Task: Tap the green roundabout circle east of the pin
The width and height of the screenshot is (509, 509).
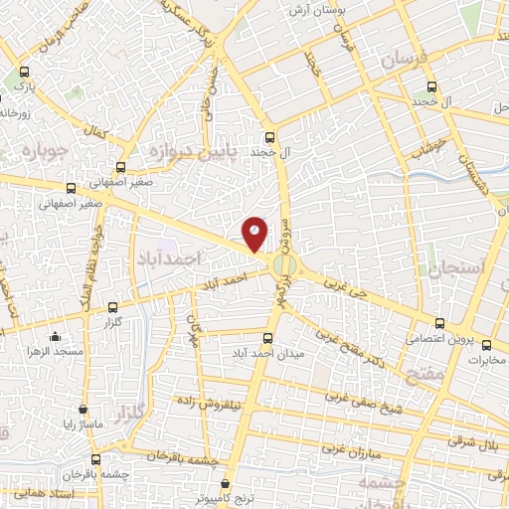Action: point(286,265)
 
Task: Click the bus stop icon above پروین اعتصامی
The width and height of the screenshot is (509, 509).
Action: point(440,322)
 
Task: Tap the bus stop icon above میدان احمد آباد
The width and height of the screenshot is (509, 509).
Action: point(266,336)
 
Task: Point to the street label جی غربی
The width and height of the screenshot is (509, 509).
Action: point(347,287)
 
